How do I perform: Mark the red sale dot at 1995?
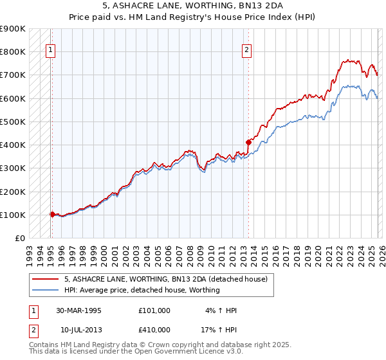coord(53,214)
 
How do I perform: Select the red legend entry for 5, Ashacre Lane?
coord(169,279)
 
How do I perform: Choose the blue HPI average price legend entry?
coord(142,290)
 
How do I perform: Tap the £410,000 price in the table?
coord(154,330)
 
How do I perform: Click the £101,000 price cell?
coord(154,310)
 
